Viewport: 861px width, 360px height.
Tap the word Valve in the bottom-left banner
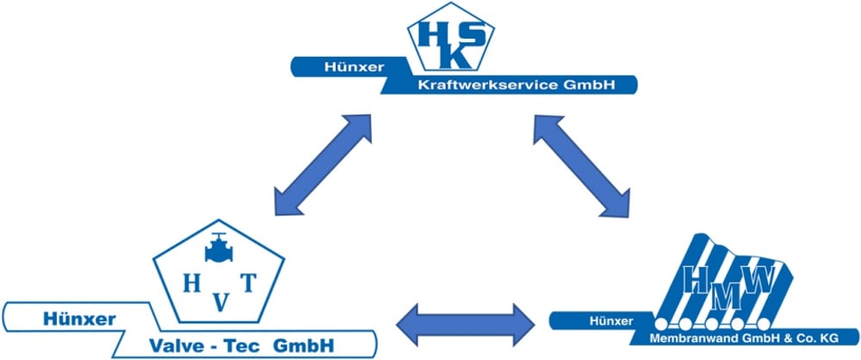(176, 346)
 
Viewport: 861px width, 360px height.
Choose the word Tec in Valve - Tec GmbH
(255, 346)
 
